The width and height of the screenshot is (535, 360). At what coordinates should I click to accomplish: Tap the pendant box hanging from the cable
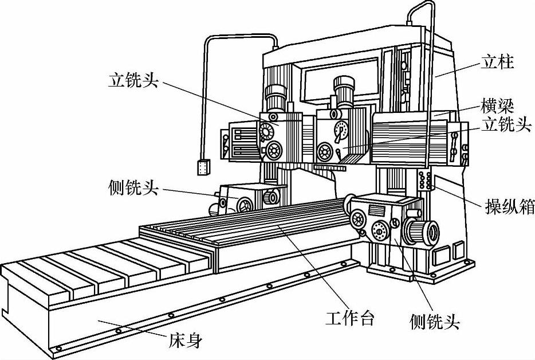pos(203,167)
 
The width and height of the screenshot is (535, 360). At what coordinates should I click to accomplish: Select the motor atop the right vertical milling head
pos(345,92)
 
